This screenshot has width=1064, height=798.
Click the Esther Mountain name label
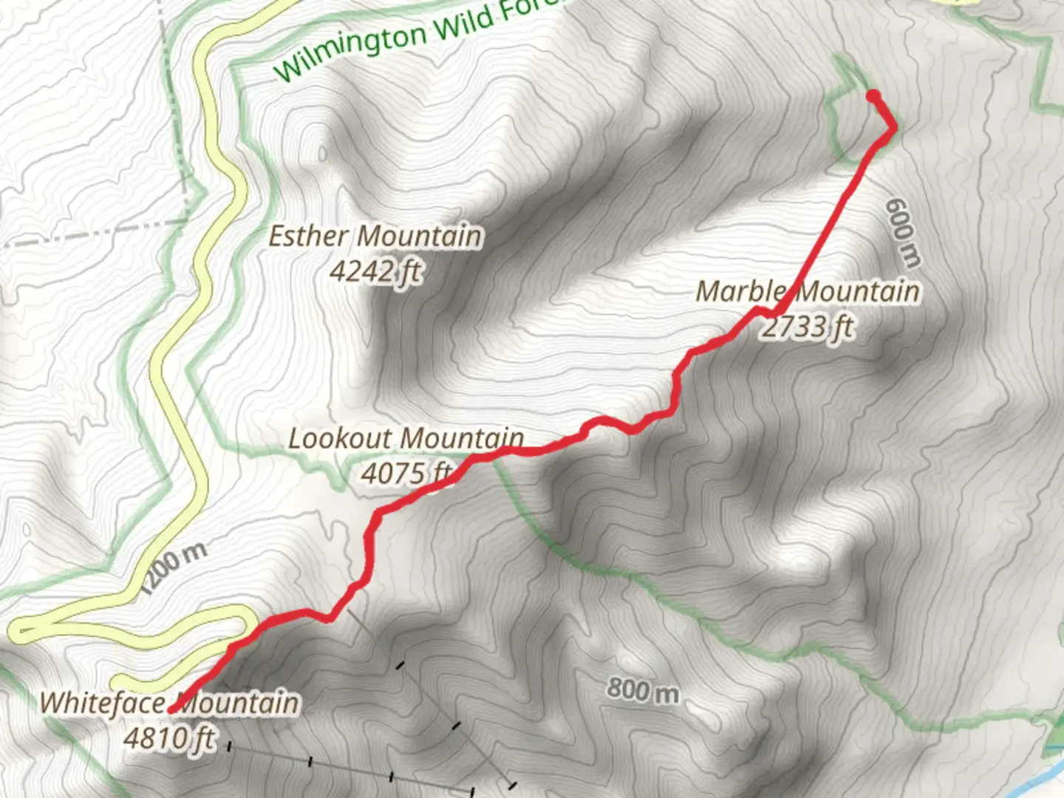point(375,236)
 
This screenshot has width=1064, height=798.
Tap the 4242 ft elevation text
point(375,272)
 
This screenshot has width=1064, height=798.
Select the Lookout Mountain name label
point(406,438)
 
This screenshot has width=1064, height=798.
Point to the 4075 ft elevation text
point(406,473)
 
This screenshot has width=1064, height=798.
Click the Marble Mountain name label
point(808,291)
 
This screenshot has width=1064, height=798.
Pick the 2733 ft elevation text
point(808,326)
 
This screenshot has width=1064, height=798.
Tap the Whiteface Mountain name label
point(169,702)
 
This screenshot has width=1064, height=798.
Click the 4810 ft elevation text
point(169,737)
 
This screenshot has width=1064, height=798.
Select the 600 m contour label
point(904,232)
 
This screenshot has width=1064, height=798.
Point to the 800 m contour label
point(643,691)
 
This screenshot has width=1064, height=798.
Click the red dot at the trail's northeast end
point(873,95)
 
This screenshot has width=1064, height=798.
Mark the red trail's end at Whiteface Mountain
point(171,709)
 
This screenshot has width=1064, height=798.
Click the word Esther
point(308,236)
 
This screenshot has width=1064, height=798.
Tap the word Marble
point(739,291)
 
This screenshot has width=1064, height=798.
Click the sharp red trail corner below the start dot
point(894,128)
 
